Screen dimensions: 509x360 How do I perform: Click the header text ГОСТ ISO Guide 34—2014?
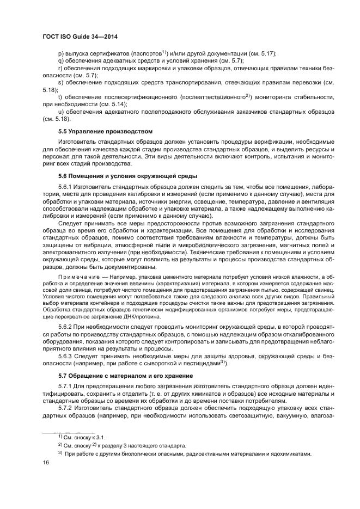click(x=80, y=36)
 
